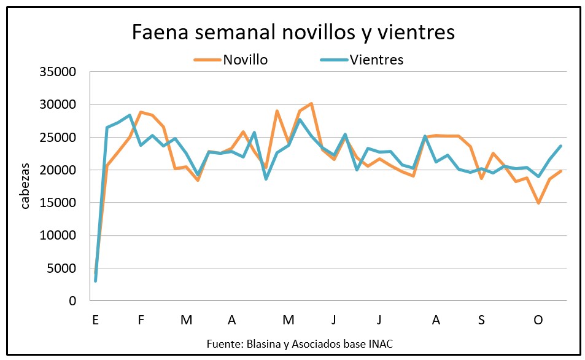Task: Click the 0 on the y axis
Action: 72,301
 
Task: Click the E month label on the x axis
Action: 95,320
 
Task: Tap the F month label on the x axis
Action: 141,320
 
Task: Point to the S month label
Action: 481,320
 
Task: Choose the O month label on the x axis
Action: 538,320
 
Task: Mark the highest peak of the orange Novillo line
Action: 311,103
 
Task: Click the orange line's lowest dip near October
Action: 538,203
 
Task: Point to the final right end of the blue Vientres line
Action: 561,146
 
